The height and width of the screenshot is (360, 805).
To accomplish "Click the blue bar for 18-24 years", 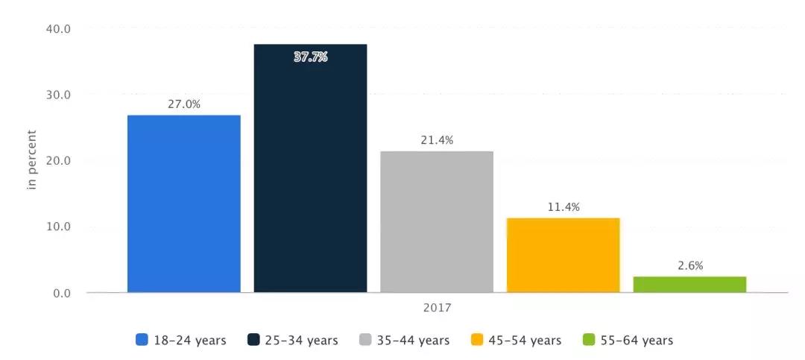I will pos(184,203).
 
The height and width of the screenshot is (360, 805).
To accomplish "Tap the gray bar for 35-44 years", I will pos(437,221).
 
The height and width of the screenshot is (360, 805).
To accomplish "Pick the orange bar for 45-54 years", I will pos(563,255).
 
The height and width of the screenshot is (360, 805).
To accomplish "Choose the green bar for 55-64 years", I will pos(689,284).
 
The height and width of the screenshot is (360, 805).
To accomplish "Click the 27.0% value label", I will pos(183,105).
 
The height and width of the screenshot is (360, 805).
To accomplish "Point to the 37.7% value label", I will pos(310,57).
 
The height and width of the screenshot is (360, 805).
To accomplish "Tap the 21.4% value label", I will pos(437,140).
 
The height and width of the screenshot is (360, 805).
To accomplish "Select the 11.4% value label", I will pos(563,206).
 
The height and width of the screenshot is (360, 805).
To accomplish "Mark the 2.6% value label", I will pos(689,265).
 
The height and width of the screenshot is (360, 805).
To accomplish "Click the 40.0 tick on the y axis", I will pos(58,29).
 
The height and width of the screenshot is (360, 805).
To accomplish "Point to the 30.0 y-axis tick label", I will pos(58,95).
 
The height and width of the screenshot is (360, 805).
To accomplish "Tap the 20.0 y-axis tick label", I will pos(58,161).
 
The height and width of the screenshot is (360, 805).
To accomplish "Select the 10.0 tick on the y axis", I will pos(58,227).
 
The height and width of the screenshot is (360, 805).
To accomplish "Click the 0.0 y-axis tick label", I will pos(61,293).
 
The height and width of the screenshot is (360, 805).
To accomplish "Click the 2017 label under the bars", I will pos(437,307).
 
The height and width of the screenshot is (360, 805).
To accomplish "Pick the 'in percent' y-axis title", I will pos(32,160).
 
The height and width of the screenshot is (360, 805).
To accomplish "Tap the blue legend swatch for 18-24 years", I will pos(142,341).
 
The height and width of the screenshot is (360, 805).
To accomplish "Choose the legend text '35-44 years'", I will pos(413,341).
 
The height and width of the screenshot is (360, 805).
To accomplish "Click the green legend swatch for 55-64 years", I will pos(589,341).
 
